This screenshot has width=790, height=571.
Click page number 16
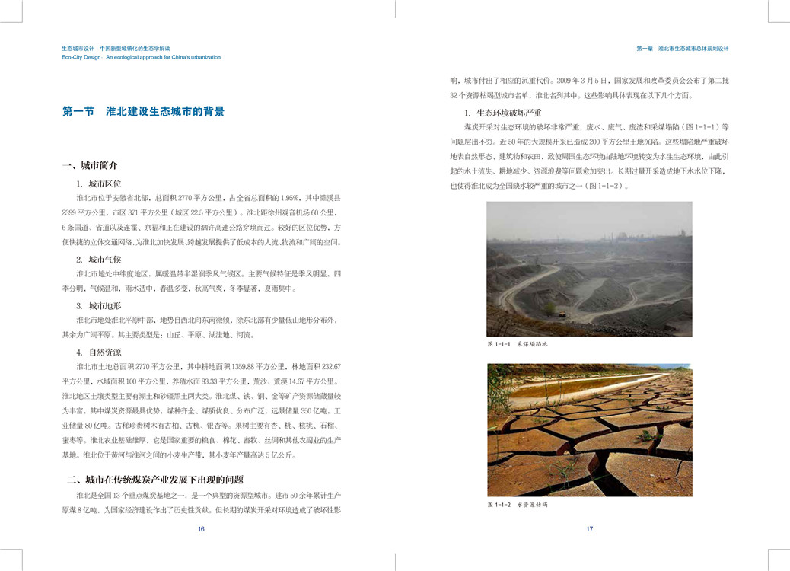201,529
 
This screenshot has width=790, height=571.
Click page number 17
589,529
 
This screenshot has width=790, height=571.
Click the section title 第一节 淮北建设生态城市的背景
143,111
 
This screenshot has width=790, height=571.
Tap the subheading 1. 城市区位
99,183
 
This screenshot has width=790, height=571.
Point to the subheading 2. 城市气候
99,260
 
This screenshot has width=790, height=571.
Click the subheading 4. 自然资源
99,352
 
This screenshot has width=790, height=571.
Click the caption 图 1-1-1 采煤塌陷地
518,344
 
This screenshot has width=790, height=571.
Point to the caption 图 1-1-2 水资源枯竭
518,505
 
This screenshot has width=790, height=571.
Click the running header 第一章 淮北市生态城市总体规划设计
683,48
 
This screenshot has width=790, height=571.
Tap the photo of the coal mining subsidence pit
589,269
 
